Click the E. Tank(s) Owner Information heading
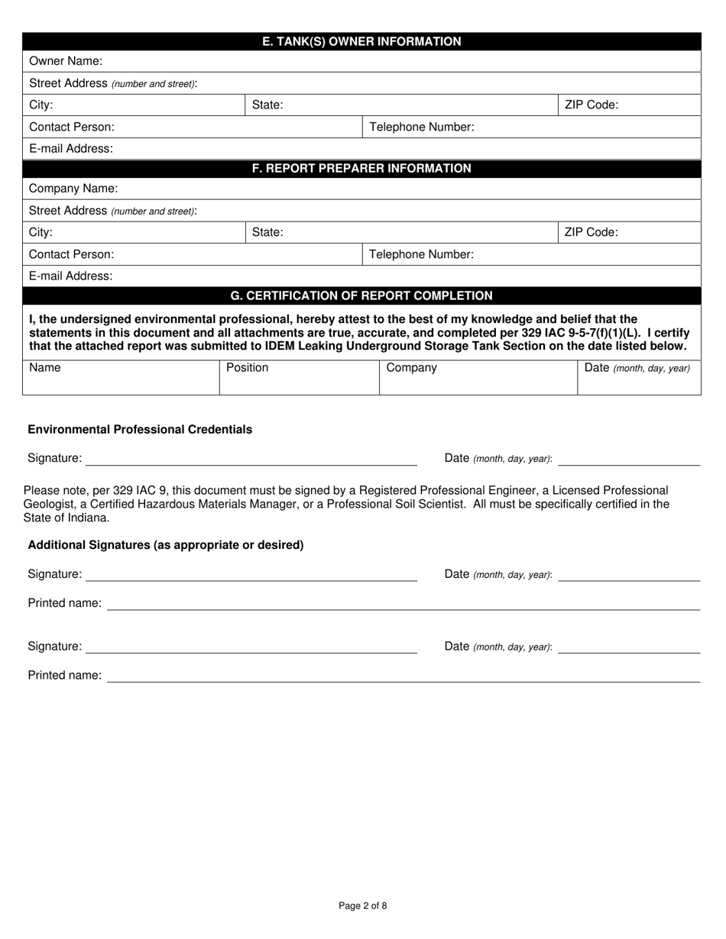pos(361,41)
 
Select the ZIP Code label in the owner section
pos(591,105)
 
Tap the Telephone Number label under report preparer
pos(421,254)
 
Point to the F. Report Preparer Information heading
pos(361,168)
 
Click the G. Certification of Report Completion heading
pos(361,295)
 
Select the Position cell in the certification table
pos(247,368)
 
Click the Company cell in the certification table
pos(411,368)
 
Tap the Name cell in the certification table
pos(44,368)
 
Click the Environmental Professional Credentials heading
pos(140,430)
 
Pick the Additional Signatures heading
pos(166,545)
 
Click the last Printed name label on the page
pos(64,676)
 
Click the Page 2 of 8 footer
pos(362,906)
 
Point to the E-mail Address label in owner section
pos(70,149)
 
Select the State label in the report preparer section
pos(267,232)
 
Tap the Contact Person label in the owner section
pos(71,127)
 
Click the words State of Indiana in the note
pos(66,518)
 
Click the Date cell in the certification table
pos(637,368)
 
